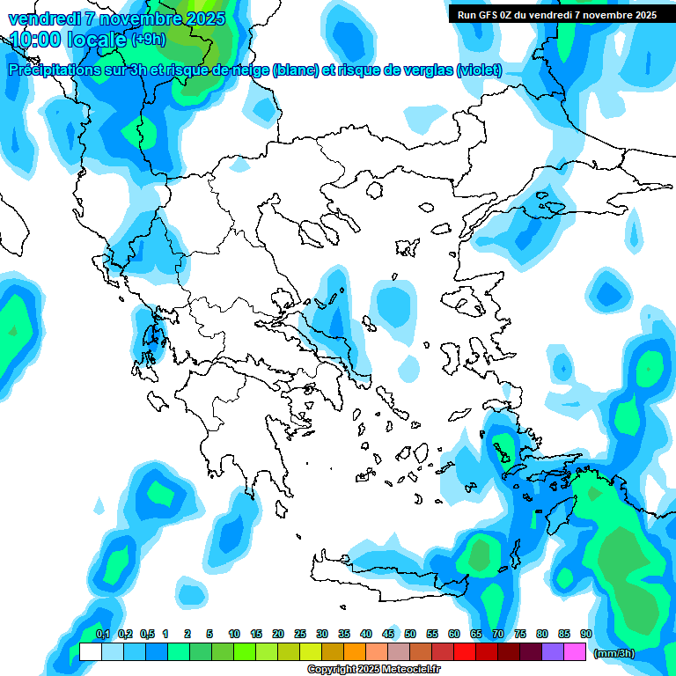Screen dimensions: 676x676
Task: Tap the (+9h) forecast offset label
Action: pyautogui.click(x=147, y=40)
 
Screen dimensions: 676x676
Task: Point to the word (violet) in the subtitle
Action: pyautogui.click(x=480, y=70)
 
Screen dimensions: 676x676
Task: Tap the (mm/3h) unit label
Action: pyautogui.click(x=614, y=653)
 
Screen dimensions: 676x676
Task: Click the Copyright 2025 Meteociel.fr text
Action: pyautogui.click(x=374, y=670)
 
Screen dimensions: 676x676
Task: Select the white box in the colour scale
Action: pyautogui.click(x=90, y=651)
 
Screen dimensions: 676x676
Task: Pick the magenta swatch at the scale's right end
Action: pyautogui.click(x=575, y=651)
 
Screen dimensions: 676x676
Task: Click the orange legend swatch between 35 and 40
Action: pyautogui.click(x=355, y=651)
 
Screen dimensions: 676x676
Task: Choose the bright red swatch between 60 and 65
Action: pyautogui.click(x=465, y=651)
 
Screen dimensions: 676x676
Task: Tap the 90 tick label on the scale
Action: pyautogui.click(x=586, y=634)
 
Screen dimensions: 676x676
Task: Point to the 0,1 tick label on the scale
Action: pyautogui.click(x=102, y=634)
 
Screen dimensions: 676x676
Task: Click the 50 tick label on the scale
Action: pyautogui.click(x=410, y=634)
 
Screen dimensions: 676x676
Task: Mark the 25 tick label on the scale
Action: pyautogui.click(x=300, y=634)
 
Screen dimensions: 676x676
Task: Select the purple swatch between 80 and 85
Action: pyautogui.click(x=553, y=651)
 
